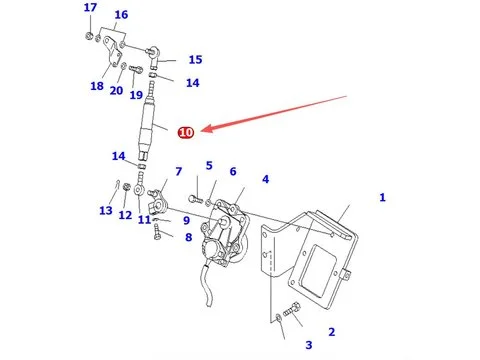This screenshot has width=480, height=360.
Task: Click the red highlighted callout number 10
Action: (186, 132)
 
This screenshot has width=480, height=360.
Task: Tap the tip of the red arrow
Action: (202, 131)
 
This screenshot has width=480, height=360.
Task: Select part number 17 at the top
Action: (90, 7)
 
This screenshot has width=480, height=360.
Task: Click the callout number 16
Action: (121, 15)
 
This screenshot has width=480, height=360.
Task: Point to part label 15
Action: (195, 60)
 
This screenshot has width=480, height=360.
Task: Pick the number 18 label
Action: (97, 86)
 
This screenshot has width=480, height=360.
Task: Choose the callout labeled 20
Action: (116, 90)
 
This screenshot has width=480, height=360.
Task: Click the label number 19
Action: (136, 95)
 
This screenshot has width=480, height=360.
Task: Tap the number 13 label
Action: (106, 211)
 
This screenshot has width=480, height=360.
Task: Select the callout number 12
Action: (125, 215)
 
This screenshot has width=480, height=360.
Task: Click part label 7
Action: (179, 172)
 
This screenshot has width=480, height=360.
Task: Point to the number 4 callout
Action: (265, 179)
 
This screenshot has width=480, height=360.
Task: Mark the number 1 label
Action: (382, 198)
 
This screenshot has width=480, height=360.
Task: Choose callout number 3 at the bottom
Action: (309, 345)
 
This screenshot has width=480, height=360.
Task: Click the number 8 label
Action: (189, 237)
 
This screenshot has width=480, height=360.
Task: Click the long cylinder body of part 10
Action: (147, 122)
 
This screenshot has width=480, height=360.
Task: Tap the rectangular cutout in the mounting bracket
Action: (315, 269)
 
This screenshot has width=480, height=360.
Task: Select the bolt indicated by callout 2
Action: (292, 310)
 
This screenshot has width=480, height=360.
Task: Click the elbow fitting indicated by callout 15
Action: (154, 56)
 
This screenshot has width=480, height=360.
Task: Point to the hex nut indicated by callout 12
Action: (126, 187)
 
